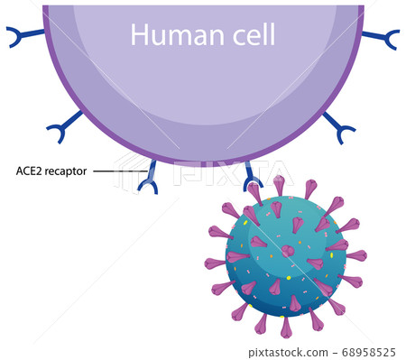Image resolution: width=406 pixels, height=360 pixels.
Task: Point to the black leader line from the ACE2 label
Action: point(118,171)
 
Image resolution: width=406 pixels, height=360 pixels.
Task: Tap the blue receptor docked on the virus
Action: point(251,173)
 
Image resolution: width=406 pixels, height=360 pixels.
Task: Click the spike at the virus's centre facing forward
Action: point(287,251)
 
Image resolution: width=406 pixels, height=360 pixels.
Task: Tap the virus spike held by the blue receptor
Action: point(256,192)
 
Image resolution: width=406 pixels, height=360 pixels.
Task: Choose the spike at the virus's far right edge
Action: point(357,255)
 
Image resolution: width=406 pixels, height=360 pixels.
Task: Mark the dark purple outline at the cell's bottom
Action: point(203,164)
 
